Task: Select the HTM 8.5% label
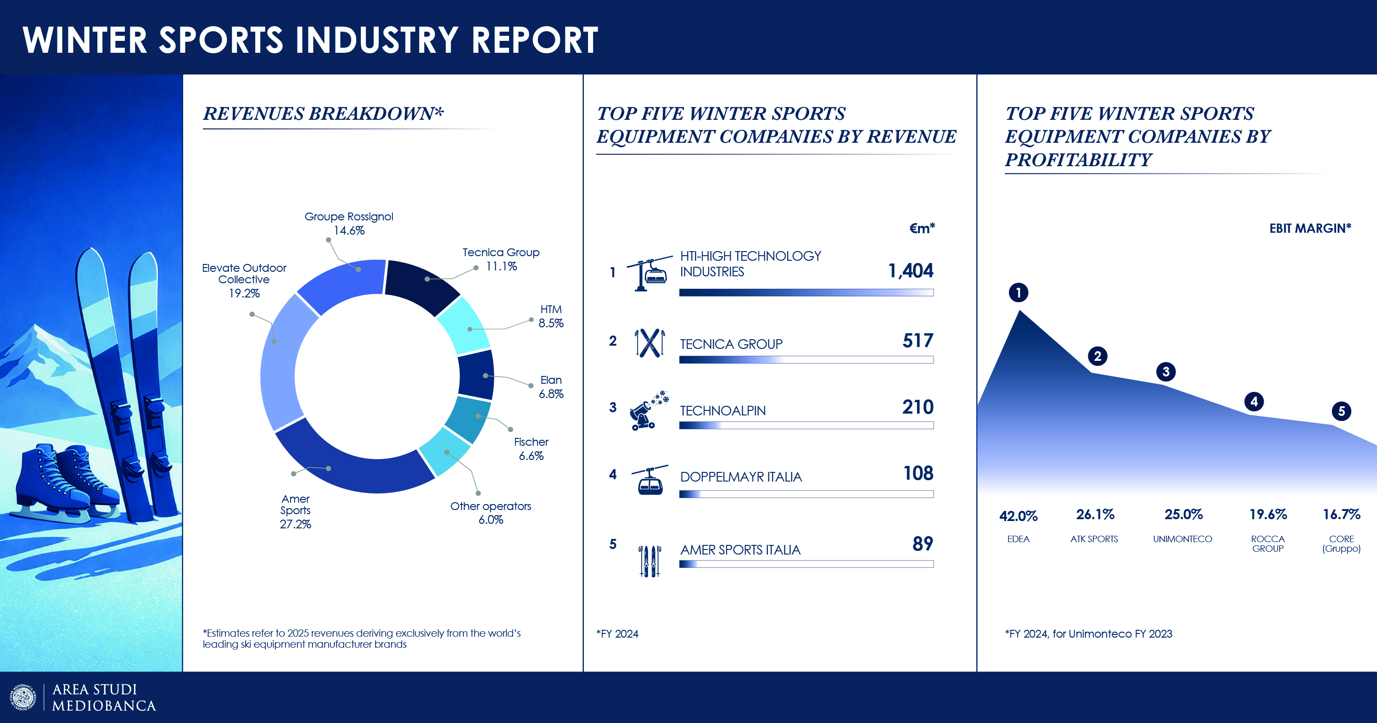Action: [551, 316]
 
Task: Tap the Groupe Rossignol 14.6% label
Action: [348, 224]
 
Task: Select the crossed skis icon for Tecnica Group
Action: [649, 343]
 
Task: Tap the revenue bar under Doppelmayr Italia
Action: [806, 494]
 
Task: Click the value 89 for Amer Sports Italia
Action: [923, 544]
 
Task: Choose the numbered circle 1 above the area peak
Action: [1019, 292]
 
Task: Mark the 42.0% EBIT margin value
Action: [1019, 516]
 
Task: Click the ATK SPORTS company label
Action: [1094, 539]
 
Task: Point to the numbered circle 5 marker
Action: [1341, 411]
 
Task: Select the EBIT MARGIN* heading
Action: [1310, 228]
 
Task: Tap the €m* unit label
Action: [922, 228]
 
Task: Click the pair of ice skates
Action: [67, 484]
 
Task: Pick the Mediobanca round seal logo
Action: [23, 697]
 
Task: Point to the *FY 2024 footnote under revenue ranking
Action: [617, 633]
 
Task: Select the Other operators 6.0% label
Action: [490, 513]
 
